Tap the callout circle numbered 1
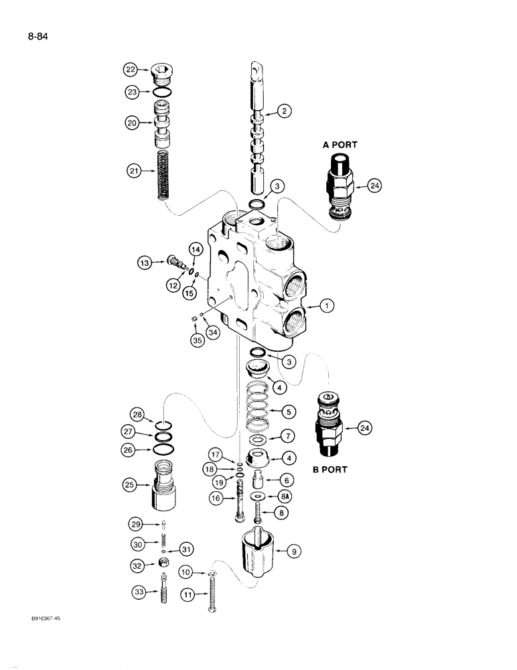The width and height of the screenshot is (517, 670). pos(326,307)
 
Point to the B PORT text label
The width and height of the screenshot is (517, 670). pos(329,469)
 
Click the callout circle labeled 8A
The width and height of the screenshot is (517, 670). pos(289,496)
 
